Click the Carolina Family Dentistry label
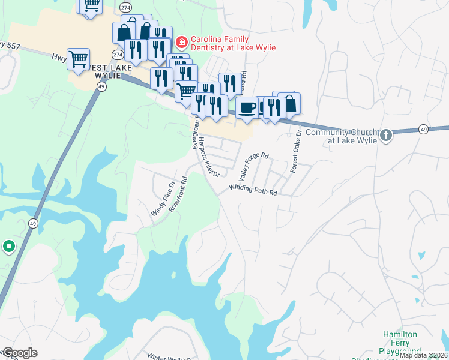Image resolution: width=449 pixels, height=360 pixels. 229,43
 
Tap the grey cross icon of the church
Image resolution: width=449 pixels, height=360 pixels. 386,136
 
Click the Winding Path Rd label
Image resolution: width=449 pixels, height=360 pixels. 252,189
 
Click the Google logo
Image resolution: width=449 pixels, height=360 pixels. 20,353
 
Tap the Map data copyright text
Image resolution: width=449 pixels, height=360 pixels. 424,355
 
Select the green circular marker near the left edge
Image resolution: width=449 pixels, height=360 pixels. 9,246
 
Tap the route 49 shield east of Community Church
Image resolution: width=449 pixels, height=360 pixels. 423,129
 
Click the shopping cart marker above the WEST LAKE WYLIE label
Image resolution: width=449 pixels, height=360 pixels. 78,59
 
